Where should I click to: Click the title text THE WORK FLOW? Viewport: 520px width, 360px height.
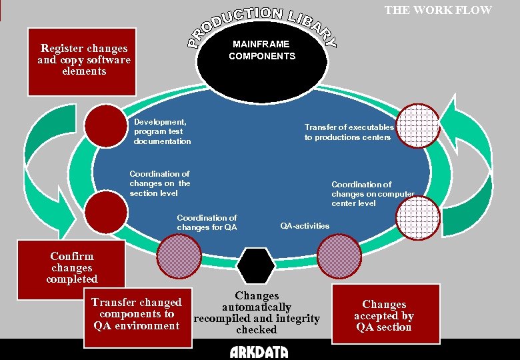438,10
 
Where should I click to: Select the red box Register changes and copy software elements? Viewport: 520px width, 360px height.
81,61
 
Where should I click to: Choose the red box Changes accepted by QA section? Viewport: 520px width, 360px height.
385,315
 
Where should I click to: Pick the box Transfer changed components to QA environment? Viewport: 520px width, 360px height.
137,315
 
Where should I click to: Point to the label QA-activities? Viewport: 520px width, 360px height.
305,226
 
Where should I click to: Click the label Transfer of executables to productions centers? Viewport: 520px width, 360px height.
349,132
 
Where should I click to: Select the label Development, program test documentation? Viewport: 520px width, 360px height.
162,131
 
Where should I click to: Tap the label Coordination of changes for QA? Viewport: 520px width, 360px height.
207,223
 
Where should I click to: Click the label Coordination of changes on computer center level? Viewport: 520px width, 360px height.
373,193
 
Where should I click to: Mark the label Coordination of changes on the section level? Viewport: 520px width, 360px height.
159,183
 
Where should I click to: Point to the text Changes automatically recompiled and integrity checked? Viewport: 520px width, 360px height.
257,313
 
